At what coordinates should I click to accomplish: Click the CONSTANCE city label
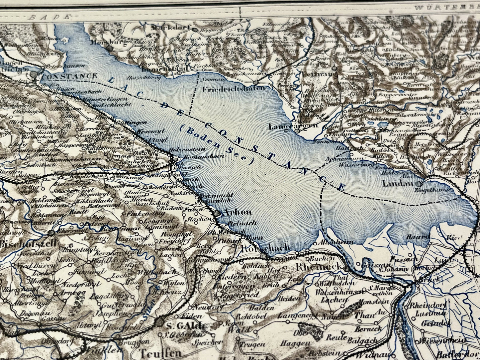(x=69, y=76)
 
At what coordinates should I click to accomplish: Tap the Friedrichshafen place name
(x=234, y=89)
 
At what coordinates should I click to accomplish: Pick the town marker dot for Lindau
(x=421, y=184)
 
